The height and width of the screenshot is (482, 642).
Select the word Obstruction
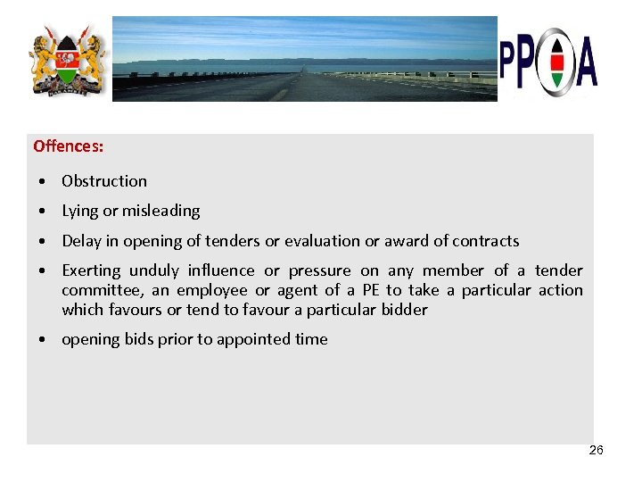coord(104,181)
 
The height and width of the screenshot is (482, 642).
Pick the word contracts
coord(485,241)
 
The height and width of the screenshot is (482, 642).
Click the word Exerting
coord(90,270)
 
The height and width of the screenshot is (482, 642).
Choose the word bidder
coord(404,311)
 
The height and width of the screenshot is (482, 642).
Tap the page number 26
coord(597,450)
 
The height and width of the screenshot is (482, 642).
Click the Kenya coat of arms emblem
coord(66,62)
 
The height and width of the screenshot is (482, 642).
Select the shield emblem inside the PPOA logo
coord(556,62)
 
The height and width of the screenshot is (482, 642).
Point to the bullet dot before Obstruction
coord(43,182)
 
